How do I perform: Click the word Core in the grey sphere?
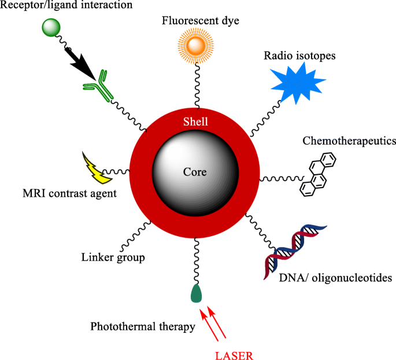coord(195,172)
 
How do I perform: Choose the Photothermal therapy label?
coord(143,327)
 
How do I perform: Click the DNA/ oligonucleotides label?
coord(336,278)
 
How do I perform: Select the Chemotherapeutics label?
coord(349,141)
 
